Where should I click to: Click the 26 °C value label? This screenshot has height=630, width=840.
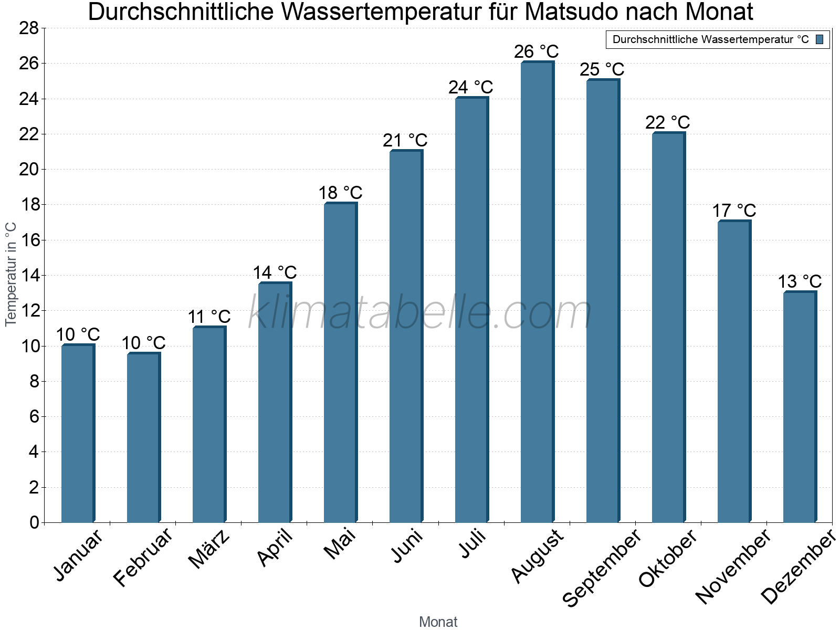pos(536,52)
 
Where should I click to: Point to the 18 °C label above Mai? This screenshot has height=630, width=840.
pos(340,193)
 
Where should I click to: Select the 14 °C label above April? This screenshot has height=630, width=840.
pos(275,272)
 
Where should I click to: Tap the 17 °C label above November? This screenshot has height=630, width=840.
pos(733,211)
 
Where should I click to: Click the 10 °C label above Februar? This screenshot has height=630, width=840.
pos(143,343)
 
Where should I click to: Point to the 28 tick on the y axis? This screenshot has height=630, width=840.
pos(29,28)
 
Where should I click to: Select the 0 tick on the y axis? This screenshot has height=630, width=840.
pos(34,522)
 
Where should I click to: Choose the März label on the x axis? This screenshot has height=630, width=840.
pos(209,549)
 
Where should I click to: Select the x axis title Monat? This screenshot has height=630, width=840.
pos(438,622)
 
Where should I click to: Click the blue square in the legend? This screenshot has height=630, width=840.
pos(820,39)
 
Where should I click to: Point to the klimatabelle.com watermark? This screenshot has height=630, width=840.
pos(420,313)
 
